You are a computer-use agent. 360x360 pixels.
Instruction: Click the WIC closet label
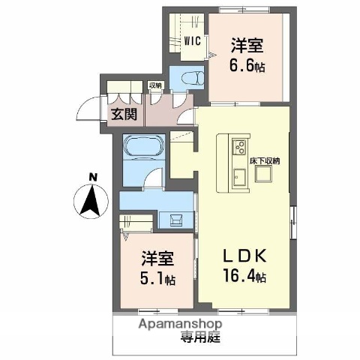pos(192,42)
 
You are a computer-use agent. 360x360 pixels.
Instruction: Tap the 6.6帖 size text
pos(247,65)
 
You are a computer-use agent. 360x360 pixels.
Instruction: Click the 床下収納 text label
pos(265,160)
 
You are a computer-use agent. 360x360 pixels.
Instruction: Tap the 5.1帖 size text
pos(159,280)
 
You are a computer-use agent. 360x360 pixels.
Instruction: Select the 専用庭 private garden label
pos(199,337)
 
